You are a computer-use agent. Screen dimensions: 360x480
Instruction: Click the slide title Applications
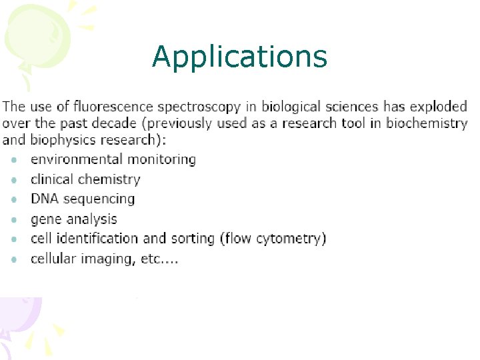[239, 57]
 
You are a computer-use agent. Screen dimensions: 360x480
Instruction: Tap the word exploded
[438, 107]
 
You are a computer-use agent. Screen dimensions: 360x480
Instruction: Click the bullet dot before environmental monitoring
[14, 160]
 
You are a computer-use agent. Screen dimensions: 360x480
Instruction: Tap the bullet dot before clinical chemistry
[14, 180]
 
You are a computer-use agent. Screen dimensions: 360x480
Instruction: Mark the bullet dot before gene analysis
[14, 219]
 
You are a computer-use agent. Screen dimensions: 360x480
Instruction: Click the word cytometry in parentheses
[291, 239]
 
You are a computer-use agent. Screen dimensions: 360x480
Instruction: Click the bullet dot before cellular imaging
[14, 259]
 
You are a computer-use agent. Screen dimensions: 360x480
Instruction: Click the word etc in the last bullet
[152, 259]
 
